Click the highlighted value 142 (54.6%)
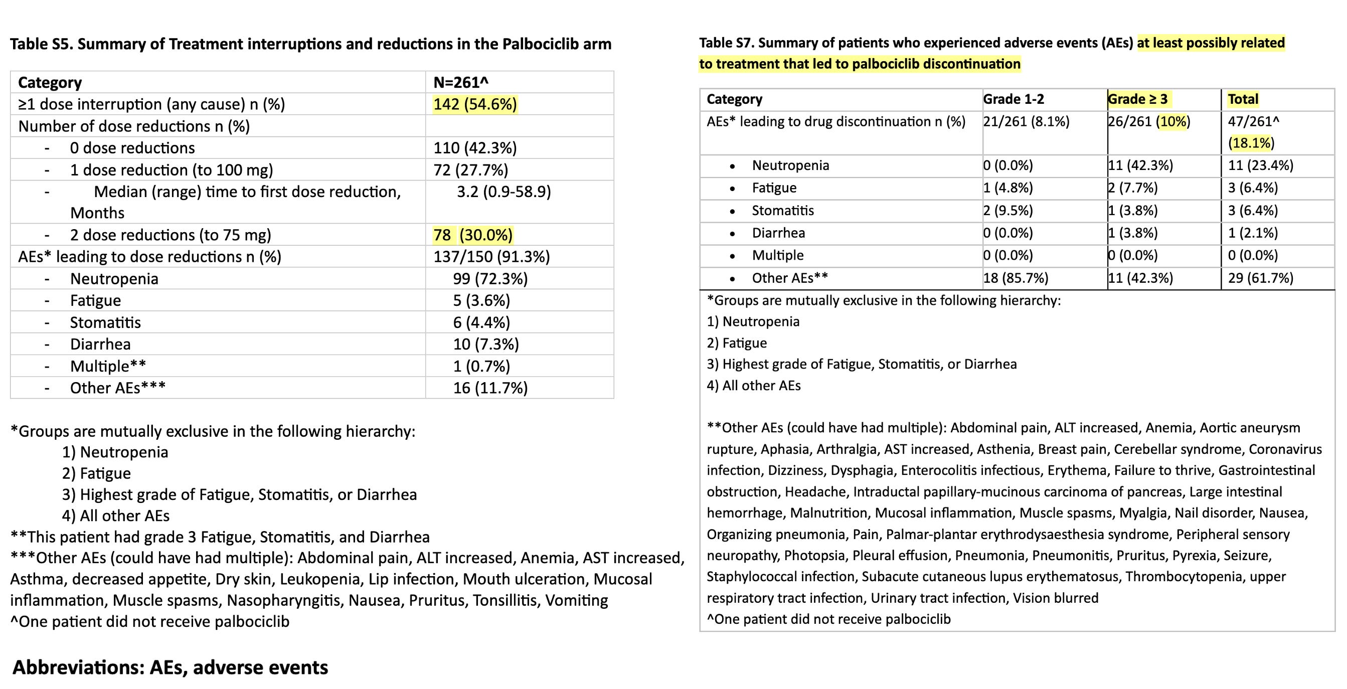tap(475, 104)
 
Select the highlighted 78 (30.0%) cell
tap(473, 235)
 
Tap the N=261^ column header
tap(461, 83)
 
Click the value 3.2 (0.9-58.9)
tap(503, 192)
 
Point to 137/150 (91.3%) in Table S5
tap(491, 257)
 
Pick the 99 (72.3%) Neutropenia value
tap(490, 279)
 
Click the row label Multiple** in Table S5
tap(108, 366)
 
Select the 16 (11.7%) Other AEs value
tap(490, 388)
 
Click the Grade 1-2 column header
tap(1014, 99)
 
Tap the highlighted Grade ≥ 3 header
tap(1138, 99)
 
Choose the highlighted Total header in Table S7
tap(1243, 99)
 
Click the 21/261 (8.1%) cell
tap(1026, 122)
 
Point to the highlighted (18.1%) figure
tap(1251, 143)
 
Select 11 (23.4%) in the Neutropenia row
tap(1260, 165)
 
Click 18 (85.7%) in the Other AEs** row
tap(1015, 278)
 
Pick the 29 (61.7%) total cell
tap(1260, 278)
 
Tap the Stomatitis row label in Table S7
tap(783, 211)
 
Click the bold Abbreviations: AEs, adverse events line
tap(171, 667)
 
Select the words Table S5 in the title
tap(41, 44)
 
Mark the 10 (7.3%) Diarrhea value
tap(486, 344)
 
